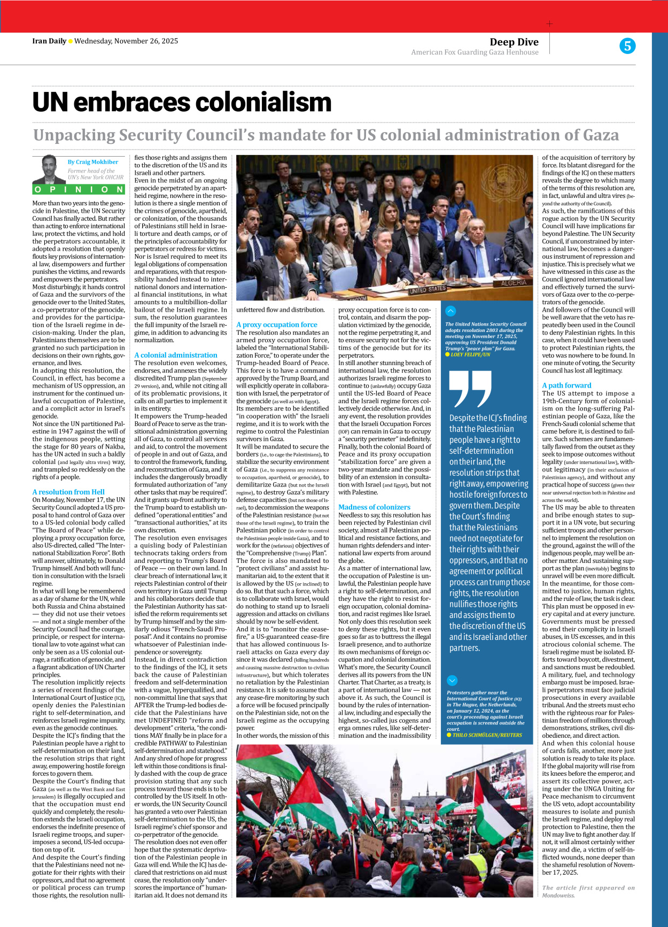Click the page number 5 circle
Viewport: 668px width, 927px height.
point(627,46)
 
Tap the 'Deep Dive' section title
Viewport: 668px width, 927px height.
point(514,42)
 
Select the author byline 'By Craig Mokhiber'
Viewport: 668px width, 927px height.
point(93,162)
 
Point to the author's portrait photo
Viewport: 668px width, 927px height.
point(50,169)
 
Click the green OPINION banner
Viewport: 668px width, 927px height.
point(79,189)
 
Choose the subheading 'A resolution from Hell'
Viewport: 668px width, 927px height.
point(68,492)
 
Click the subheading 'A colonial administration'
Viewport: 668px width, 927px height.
point(176,355)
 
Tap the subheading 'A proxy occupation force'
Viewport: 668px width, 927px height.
point(277,325)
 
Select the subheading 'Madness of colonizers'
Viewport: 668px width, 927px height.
point(374,507)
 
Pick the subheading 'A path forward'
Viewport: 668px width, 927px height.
point(566,385)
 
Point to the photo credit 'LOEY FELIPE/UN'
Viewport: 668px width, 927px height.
point(470,354)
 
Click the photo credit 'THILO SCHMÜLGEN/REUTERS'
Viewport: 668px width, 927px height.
point(487,735)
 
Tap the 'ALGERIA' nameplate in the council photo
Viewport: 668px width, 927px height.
point(514,283)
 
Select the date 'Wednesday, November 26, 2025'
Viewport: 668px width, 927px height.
point(126,41)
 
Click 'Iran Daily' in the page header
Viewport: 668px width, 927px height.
point(49,41)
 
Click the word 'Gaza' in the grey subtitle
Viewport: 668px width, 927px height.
point(596,135)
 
